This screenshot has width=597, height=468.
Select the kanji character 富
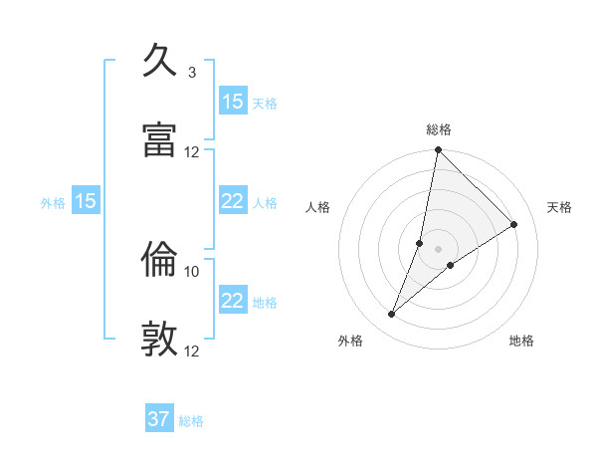click(160, 139)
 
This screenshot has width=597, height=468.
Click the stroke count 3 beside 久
click(192, 73)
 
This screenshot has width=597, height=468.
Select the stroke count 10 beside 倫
click(192, 271)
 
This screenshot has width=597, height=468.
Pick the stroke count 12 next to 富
click(192, 152)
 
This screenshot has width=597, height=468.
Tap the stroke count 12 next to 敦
click(192, 351)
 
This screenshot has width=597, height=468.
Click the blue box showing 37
click(159, 419)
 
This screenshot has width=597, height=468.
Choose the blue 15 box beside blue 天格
click(233, 102)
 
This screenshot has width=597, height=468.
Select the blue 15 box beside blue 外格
click(86, 201)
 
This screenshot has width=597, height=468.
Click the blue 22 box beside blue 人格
click(233, 201)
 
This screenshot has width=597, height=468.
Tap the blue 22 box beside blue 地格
click(233, 301)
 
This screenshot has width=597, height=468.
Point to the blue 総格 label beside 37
click(192, 421)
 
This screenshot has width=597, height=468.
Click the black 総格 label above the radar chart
click(438, 129)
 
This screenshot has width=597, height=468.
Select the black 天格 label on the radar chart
click(560, 207)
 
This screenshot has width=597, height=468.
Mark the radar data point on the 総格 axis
click(438, 150)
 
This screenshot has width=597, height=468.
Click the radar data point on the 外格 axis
click(392, 315)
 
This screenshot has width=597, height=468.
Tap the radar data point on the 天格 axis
click(514, 225)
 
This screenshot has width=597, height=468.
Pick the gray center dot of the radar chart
click(438, 249)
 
